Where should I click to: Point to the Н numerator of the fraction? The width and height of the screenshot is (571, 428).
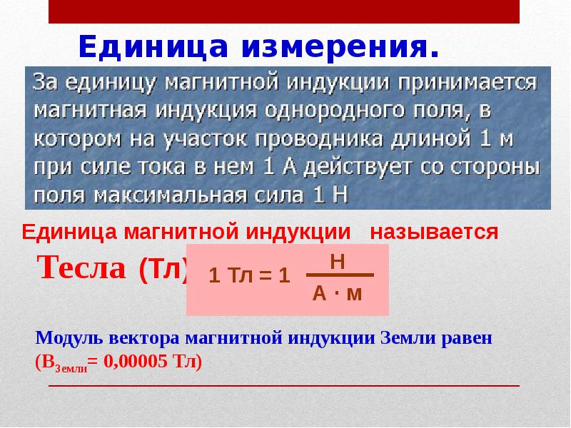point(338,262)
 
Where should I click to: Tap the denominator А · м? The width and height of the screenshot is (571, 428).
point(338,292)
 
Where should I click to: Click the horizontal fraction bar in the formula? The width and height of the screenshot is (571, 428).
point(340,275)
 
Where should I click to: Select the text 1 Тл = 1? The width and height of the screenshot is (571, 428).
point(248,276)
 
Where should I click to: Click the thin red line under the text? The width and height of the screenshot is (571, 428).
point(283,386)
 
